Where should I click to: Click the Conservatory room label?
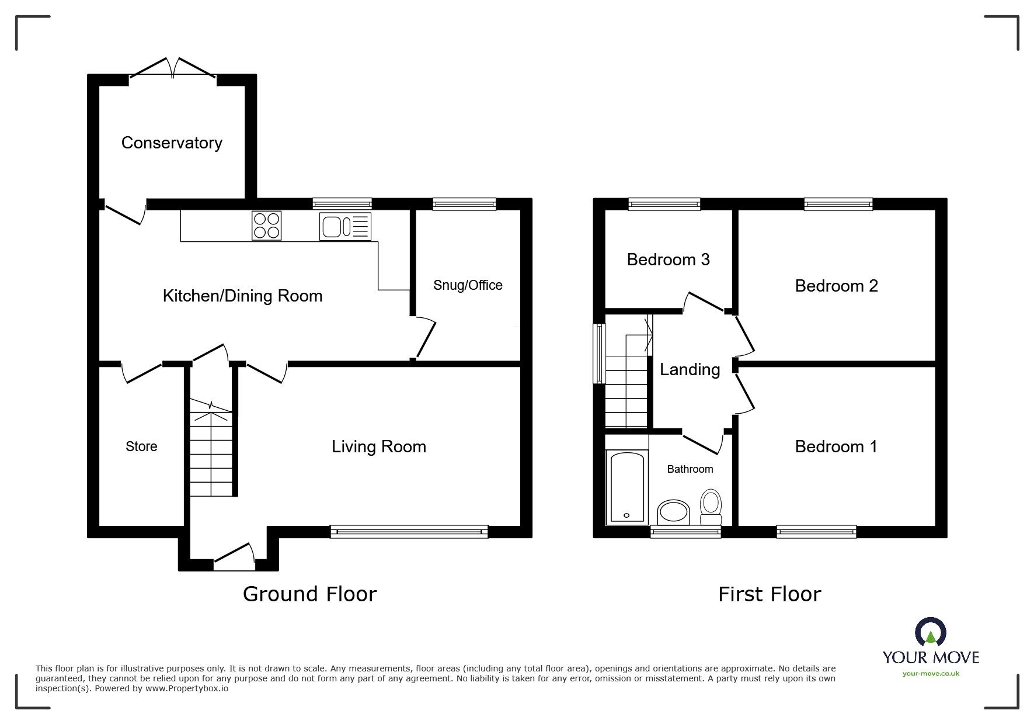tap(172, 143)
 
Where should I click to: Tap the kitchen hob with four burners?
tap(266, 226)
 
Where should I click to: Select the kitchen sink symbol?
tap(345, 226)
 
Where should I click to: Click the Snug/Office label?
tap(468, 285)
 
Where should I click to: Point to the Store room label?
tap(141, 446)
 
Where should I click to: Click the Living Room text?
tap(379, 447)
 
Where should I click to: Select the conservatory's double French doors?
tap(172, 70)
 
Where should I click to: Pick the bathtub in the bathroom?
tap(627, 487)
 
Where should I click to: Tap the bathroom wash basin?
tap(673, 513)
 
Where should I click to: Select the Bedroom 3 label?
tap(668, 259)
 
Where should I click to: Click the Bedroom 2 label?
tap(836, 286)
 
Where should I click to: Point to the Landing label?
tap(690, 369)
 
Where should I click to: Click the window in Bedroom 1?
tap(816, 531)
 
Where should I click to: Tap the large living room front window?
tap(409, 531)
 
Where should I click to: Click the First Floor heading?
tap(769, 594)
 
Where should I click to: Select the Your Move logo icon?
tap(930, 633)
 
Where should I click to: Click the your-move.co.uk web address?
tap(931, 674)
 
